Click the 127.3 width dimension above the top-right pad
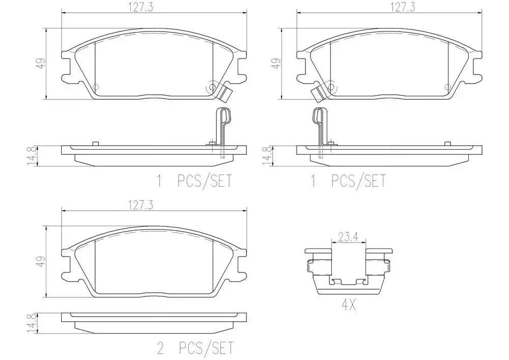tap(403, 7)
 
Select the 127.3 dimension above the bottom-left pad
tap(141, 205)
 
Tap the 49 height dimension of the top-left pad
tap(41, 63)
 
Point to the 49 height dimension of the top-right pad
tap(276, 63)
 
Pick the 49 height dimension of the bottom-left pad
tap(41, 261)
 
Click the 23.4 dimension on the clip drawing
tap(348, 237)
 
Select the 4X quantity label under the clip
tap(348, 305)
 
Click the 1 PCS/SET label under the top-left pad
tap(195, 180)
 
